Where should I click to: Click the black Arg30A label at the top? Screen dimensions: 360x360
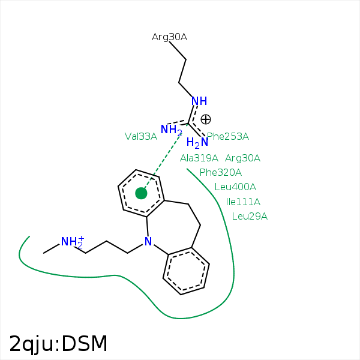169,37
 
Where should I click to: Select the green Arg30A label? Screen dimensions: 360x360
242,158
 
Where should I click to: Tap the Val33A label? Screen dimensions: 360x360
141,137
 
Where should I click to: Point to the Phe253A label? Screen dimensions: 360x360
228,137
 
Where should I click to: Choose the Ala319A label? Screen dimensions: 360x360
199,158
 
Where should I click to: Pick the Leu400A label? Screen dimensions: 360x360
235,187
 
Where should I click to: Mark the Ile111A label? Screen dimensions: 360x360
243,202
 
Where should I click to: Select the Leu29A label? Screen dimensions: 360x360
250,216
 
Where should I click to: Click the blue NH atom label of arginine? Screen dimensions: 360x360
199,101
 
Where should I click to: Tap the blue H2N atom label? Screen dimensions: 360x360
197,143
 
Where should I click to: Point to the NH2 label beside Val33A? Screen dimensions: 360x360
171,130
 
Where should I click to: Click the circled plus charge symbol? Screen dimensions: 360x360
206,119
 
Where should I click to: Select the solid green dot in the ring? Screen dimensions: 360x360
141,193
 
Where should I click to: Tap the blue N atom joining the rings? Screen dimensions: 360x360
148,242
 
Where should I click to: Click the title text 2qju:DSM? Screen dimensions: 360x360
58,344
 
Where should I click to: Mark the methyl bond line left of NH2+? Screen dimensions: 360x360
52,248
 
